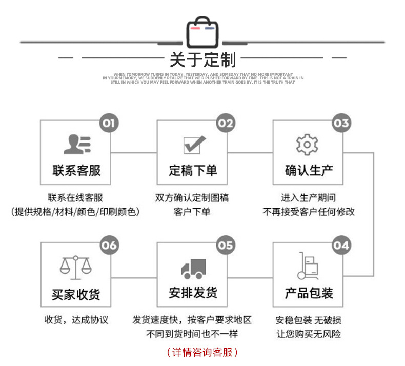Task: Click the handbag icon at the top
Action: pyautogui.click(x=202, y=32)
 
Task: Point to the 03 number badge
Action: pyautogui.click(x=341, y=123)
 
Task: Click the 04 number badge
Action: pyautogui.click(x=341, y=245)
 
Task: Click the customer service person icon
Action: pyautogui.click(x=76, y=145)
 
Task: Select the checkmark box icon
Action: pyautogui.click(x=193, y=145)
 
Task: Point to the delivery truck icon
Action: pyautogui.click(x=193, y=268)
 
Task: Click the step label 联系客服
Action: pyautogui.click(x=76, y=170)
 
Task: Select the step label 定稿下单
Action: pyautogui.click(x=193, y=170)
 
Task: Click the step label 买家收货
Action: pyautogui.click(x=76, y=294)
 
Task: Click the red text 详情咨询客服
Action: pyautogui.click(x=202, y=353)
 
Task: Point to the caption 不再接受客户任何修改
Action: pyautogui.click(x=309, y=211)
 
